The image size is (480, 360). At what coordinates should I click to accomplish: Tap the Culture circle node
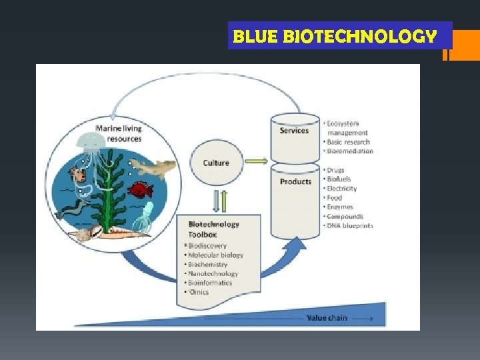click(215, 163)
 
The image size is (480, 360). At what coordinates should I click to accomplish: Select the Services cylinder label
click(294, 131)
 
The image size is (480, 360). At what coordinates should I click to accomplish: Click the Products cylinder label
click(295, 181)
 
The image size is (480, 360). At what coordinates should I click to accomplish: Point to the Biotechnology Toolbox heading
click(213, 229)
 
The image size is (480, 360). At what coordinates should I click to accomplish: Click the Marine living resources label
click(118, 133)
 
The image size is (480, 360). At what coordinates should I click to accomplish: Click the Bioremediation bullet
click(349, 151)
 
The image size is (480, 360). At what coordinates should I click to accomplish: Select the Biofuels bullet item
click(339, 179)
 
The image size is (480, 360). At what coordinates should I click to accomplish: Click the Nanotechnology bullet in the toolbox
click(213, 273)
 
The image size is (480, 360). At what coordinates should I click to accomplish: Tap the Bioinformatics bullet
click(211, 283)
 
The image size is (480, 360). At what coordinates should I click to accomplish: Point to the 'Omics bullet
click(199, 292)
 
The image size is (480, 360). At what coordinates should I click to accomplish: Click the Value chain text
click(327, 318)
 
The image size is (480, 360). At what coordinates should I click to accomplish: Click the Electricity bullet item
click(341, 189)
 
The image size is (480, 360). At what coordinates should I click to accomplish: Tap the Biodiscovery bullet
click(208, 245)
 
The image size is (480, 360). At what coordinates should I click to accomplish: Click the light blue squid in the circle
click(144, 217)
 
